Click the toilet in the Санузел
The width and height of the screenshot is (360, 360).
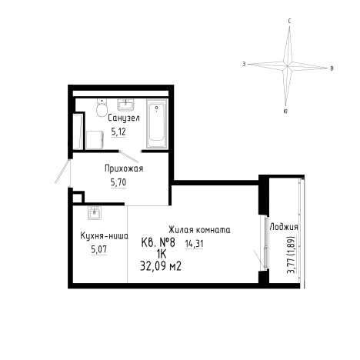pyautogui.click(x=102, y=108)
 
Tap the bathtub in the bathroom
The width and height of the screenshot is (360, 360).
pyautogui.click(x=157, y=124)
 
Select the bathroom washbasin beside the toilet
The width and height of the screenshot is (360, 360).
pyautogui.click(x=125, y=105)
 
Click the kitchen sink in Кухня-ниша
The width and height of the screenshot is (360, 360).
pyautogui.click(x=95, y=213)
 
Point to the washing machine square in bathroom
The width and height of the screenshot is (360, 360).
pyautogui.click(x=95, y=140)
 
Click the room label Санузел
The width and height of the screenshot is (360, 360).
pyautogui.click(x=124, y=118)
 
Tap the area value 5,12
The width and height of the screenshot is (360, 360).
pyautogui.click(x=118, y=132)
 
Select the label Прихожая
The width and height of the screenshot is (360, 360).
pyautogui.click(x=124, y=168)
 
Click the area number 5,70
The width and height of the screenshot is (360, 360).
pyautogui.click(x=118, y=182)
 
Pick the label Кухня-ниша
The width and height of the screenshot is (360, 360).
pyautogui.click(x=104, y=235)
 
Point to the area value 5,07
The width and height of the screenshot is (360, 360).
pyautogui.click(x=98, y=249)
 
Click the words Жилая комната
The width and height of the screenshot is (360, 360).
pyautogui.click(x=199, y=230)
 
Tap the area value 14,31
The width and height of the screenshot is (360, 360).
pyautogui.click(x=194, y=244)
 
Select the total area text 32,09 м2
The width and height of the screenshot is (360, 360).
pyautogui.click(x=161, y=266)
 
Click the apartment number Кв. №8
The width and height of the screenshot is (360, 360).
pyautogui.click(x=158, y=242)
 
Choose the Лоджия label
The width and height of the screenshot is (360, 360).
pyautogui.click(x=284, y=227)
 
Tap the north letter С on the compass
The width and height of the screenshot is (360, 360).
pyautogui.click(x=289, y=22)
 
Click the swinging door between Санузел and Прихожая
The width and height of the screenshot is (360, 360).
pyautogui.click(x=129, y=157)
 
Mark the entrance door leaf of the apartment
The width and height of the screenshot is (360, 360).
pyautogui.click(x=62, y=172)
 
